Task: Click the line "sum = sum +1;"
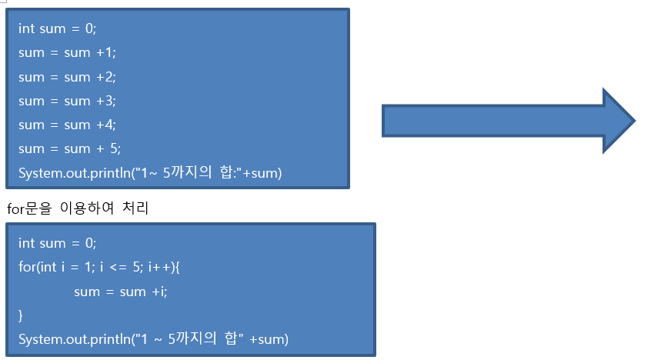(x=67, y=53)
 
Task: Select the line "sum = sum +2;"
(x=67, y=77)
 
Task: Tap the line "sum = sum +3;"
(x=67, y=101)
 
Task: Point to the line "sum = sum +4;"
(x=67, y=125)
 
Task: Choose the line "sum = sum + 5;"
(x=69, y=148)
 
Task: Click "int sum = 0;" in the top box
(x=58, y=29)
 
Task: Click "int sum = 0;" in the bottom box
(x=58, y=244)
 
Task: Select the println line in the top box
(x=151, y=173)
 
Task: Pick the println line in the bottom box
(x=153, y=339)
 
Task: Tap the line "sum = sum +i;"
(x=121, y=292)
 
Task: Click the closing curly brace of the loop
(x=22, y=315)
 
